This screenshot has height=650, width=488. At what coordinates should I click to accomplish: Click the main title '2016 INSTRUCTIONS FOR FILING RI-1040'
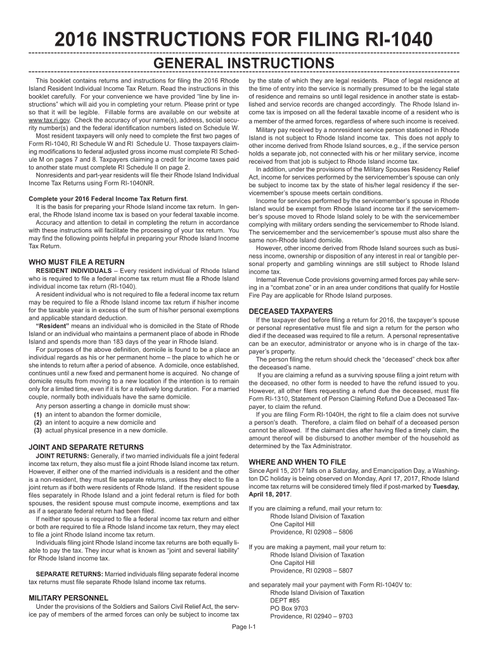click(243, 40)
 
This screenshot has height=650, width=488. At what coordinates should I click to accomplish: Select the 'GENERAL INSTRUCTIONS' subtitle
click(243, 63)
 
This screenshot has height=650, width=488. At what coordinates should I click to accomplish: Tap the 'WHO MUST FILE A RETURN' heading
click(77, 262)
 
